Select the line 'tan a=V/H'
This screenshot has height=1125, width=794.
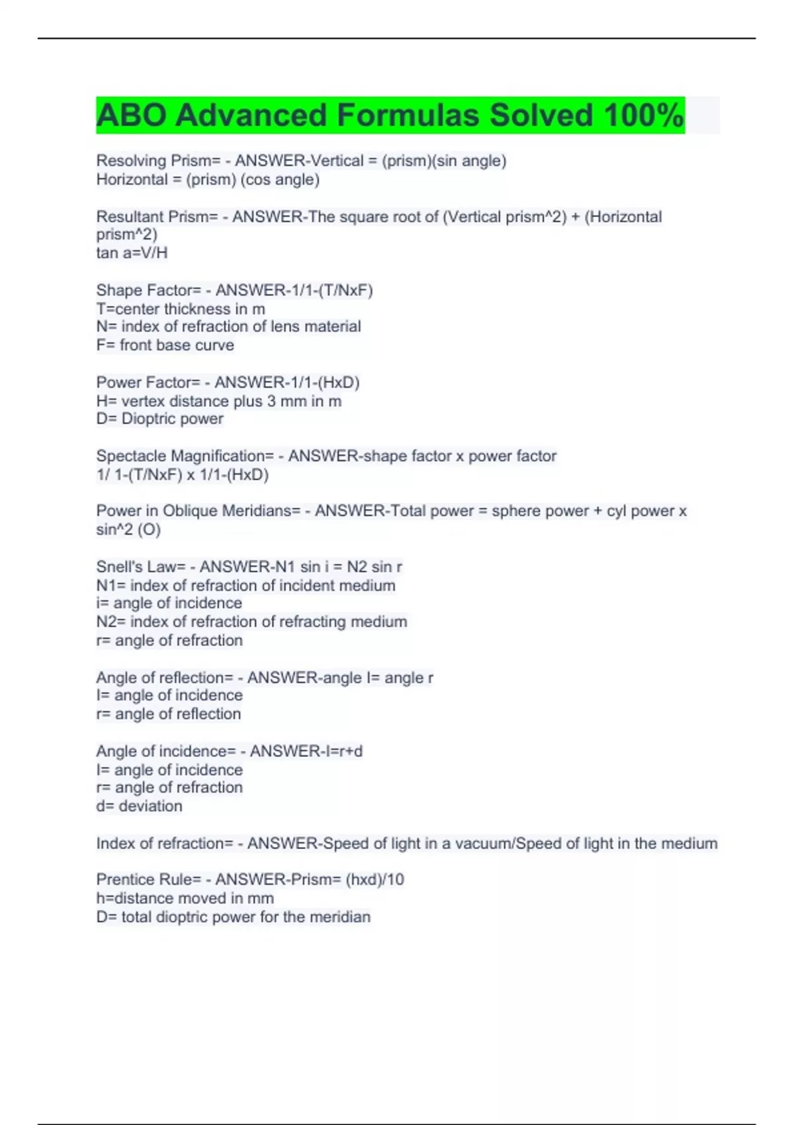pyautogui.click(x=132, y=253)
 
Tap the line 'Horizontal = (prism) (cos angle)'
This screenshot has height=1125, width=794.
pyautogui.click(x=208, y=179)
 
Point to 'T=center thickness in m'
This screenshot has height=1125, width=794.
pyautogui.click(x=181, y=309)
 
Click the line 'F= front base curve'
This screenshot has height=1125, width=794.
pyautogui.click(x=165, y=345)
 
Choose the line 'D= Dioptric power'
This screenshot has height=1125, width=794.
pyautogui.click(x=159, y=419)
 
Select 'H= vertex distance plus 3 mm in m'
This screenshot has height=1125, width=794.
pyautogui.click(x=218, y=401)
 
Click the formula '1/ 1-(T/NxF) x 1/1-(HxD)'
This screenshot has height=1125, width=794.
pyautogui.click(x=182, y=474)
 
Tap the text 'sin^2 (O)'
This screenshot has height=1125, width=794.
pyautogui.click(x=128, y=529)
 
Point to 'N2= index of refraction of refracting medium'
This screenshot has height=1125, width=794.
pyautogui.click(x=251, y=622)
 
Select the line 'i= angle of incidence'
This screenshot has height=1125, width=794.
pyautogui.click(x=169, y=604)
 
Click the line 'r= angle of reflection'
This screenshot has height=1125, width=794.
pyautogui.click(x=168, y=714)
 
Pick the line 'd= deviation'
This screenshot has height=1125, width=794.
pyautogui.click(x=139, y=806)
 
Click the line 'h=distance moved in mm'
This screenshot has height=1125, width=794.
pyautogui.click(x=185, y=898)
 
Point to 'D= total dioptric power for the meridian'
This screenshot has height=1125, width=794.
pyautogui.click(x=233, y=917)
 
